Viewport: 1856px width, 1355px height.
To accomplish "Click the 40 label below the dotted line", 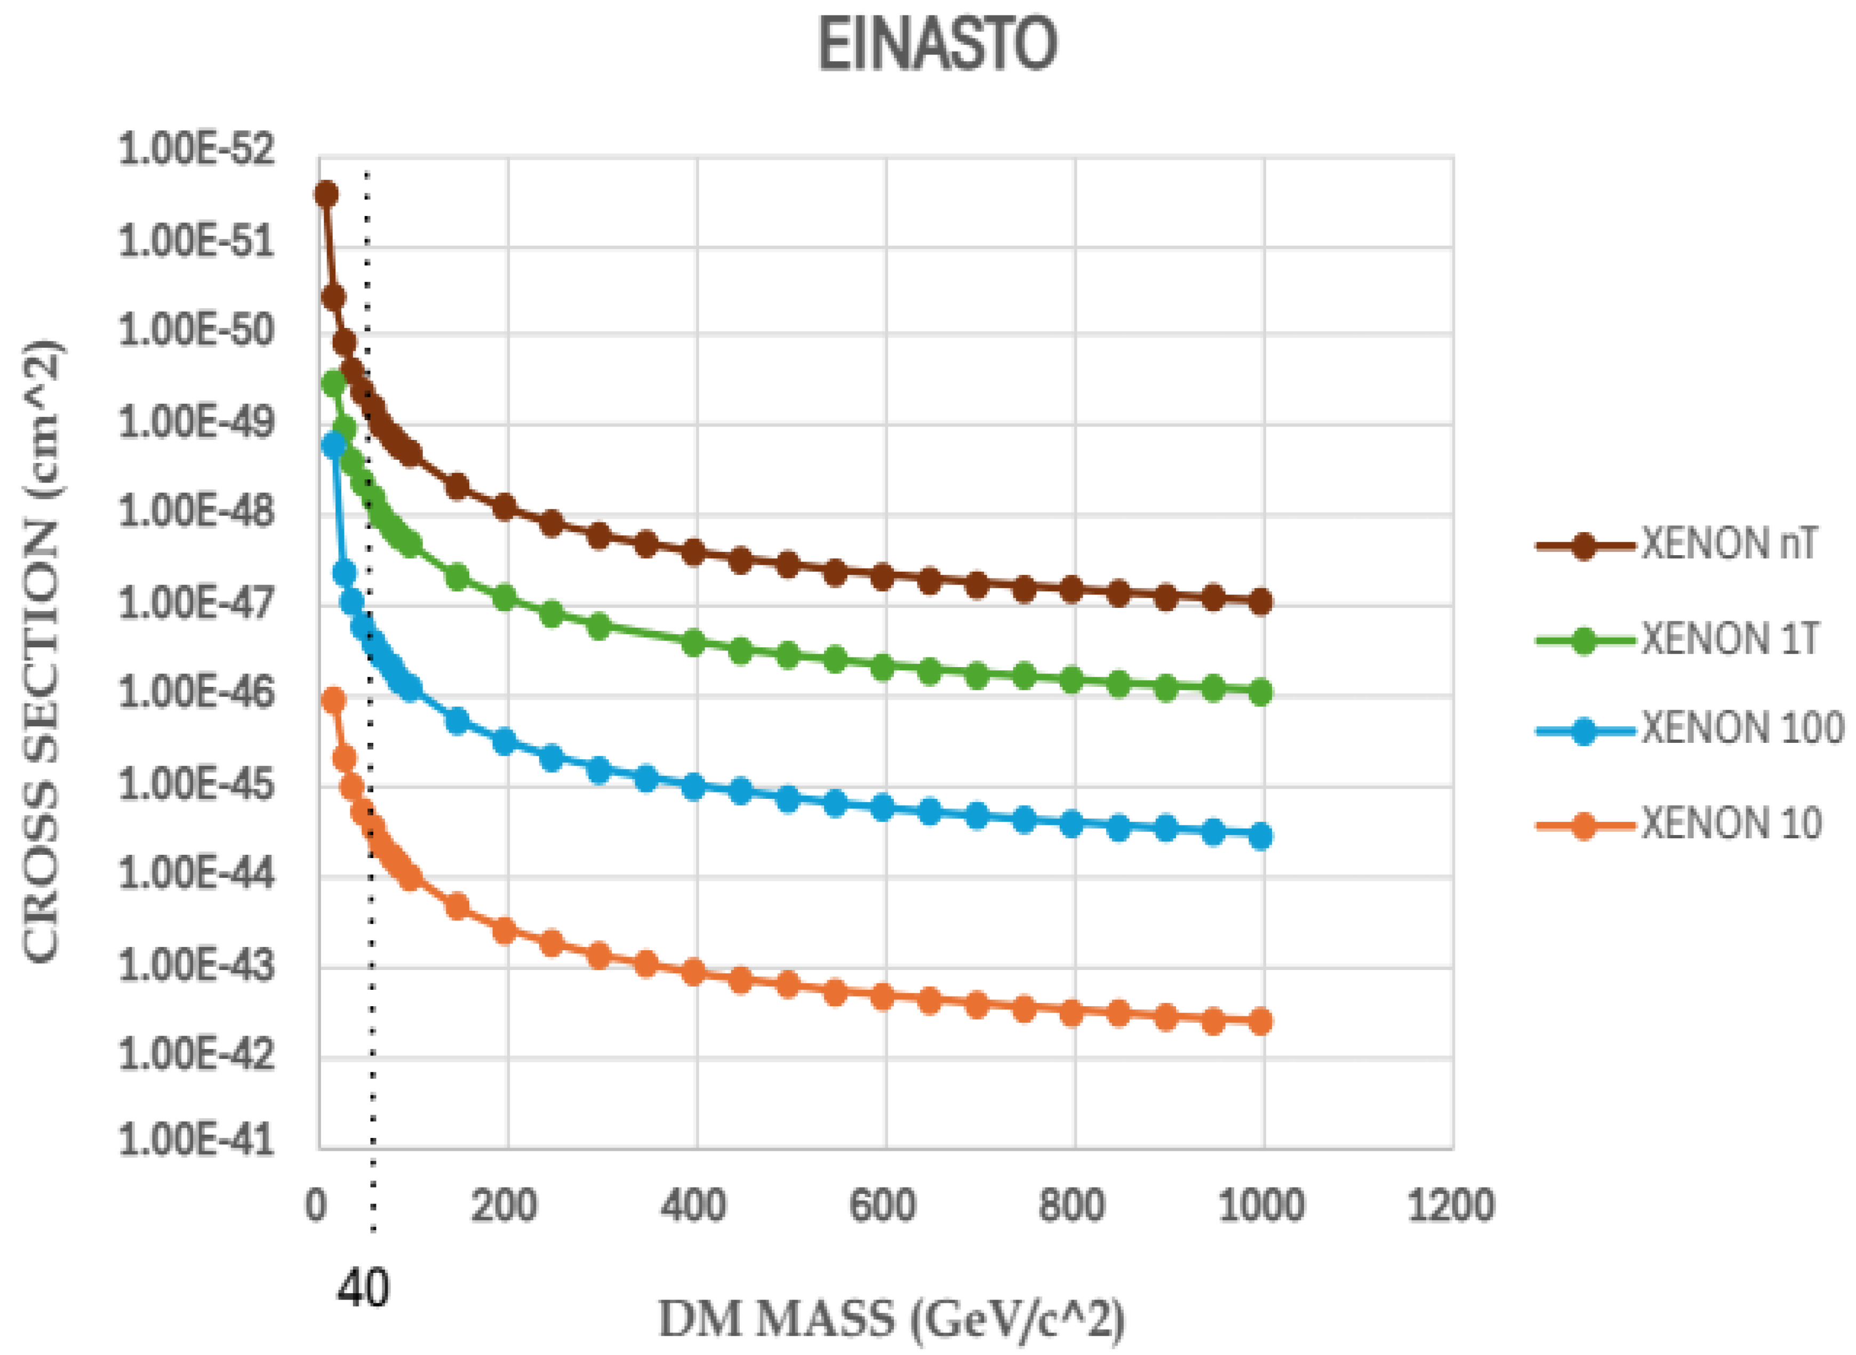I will pyautogui.click(x=363, y=1289).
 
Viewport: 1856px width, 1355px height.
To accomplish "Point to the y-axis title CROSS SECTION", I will pyautogui.click(x=41, y=652).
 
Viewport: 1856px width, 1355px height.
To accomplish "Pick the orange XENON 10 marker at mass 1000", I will pyautogui.click(x=1261, y=1021).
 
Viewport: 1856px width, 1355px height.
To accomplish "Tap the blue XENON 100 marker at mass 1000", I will pyautogui.click(x=1261, y=836).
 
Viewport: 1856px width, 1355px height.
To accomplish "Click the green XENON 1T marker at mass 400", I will pyautogui.click(x=694, y=644).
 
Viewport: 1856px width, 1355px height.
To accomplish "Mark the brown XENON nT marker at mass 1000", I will pyautogui.click(x=1261, y=602).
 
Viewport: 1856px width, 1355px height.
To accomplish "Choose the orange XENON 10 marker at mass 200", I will pyautogui.click(x=505, y=930).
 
